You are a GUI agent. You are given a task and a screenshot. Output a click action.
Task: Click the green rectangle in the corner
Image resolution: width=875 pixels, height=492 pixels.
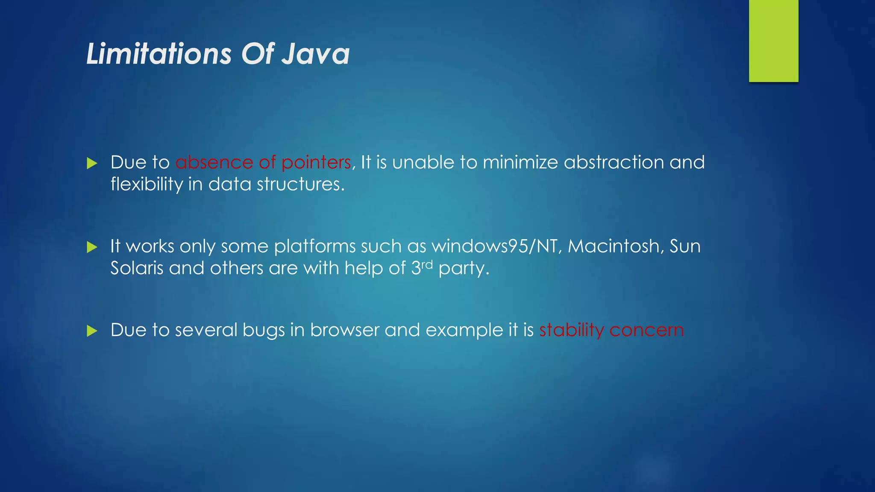(x=773, y=41)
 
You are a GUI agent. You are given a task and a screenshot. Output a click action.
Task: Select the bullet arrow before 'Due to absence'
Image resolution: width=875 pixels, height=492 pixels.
(x=92, y=163)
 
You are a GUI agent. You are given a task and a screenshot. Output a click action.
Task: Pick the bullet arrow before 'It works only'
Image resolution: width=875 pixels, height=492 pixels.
(x=92, y=247)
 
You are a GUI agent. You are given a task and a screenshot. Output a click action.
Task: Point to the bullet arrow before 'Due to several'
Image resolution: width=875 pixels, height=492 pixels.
(x=92, y=331)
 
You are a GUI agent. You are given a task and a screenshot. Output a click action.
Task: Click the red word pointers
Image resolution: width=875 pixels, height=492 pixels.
(x=316, y=163)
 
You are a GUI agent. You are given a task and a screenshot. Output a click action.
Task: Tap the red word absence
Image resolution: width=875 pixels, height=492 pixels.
(x=214, y=163)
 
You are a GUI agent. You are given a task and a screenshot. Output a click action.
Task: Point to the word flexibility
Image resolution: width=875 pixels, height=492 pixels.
(x=147, y=184)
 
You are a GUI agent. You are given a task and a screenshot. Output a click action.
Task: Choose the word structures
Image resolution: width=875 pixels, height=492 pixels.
(x=300, y=184)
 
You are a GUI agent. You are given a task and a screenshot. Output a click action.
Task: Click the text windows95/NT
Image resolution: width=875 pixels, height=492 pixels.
(x=495, y=246)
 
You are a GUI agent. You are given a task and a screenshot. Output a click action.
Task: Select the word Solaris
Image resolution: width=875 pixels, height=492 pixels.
(x=137, y=268)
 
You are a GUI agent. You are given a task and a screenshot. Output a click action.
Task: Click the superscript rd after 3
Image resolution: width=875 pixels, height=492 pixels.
(x=427, y=265)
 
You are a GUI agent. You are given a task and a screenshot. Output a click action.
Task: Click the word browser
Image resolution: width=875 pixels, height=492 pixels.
(x=344, y=330)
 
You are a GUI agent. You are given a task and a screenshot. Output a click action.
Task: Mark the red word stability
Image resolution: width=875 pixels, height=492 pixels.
(x=571, y=331)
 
